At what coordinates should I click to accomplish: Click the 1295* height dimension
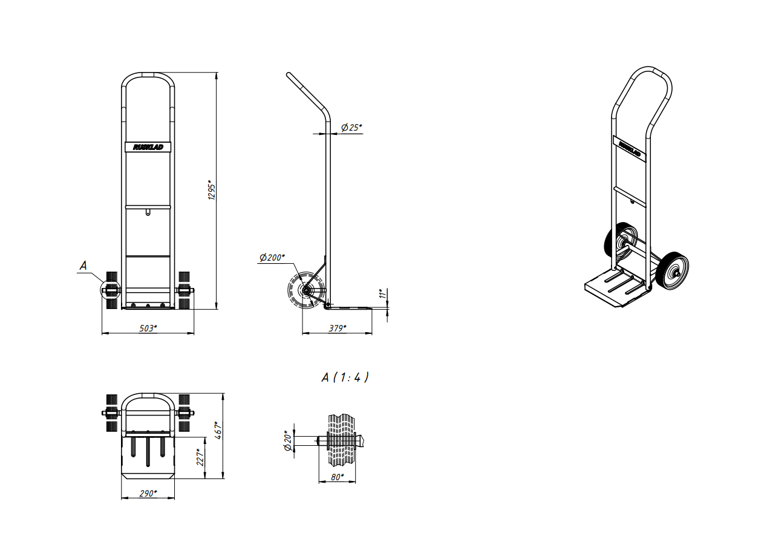click(x=212, y=190)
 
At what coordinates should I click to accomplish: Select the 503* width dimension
click(x=148, y=328)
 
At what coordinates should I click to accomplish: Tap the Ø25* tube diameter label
click(x=351, y=128)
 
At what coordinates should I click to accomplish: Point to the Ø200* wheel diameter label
click(x=272, y=257)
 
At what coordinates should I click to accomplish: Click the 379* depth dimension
click(x=338, y=328)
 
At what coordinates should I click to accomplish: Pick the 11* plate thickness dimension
click(x=382, y=293)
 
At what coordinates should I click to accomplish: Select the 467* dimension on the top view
click(x=218, y=430)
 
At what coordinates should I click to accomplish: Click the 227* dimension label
click(x=200, y=457)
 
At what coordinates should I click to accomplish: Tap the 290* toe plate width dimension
click(x=148, y=494)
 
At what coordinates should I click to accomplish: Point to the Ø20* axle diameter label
click(x=288, y=440)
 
